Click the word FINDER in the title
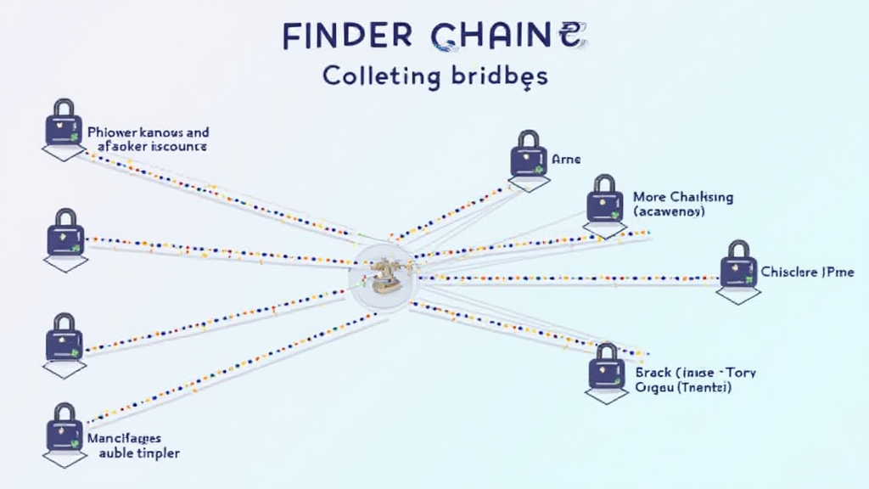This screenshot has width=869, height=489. [x=348, y=37]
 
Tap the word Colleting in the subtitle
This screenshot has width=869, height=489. [x=381, y=76]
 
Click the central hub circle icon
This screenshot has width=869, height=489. [x=383, y=277]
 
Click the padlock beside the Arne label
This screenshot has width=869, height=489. [x=527, y=155]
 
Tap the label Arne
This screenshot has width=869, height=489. [x=567, y=159]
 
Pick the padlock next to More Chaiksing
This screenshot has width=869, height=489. [x=603, y=200]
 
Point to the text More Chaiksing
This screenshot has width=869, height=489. [x=683, y=197]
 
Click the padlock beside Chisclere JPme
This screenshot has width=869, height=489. [x=738, y=265]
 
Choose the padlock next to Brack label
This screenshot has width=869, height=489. [x=606, y=367]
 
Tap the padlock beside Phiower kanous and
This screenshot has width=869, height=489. [x=64, y=124]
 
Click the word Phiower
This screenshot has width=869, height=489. [x=113, y=133]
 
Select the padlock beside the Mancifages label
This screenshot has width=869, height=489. [x=64, y=427]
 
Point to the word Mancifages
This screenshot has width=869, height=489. [x=123, y=439]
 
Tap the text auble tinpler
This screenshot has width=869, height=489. [x=139, y=453]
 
